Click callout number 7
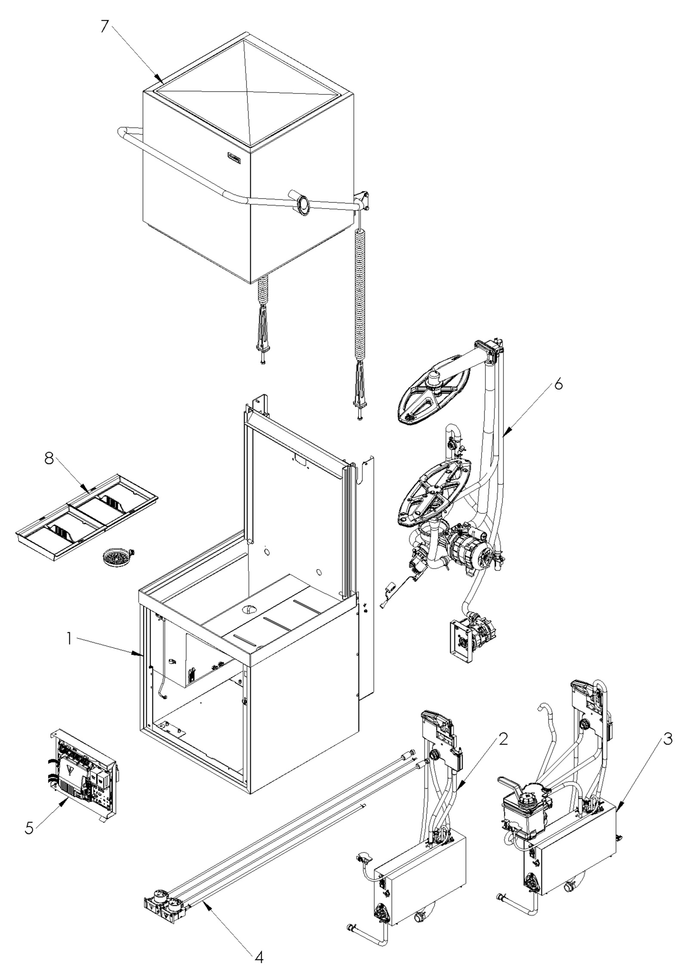click(105, 26)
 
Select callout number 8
click(49, 459)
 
